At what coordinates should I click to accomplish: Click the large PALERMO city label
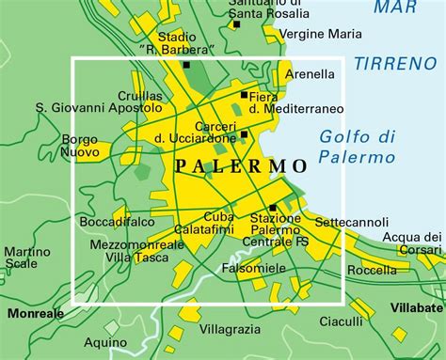click(242, 165)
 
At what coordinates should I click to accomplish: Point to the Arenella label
click(309, 73)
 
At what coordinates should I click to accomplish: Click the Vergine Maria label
click(321, 34)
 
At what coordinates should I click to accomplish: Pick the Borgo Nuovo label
click(80, 145)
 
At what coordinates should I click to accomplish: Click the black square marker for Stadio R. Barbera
click(187, 65)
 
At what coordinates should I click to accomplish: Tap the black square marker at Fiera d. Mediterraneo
click(244, 95)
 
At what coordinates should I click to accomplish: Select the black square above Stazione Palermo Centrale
click(273, 208)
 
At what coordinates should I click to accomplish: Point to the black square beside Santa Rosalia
click(236, 23)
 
